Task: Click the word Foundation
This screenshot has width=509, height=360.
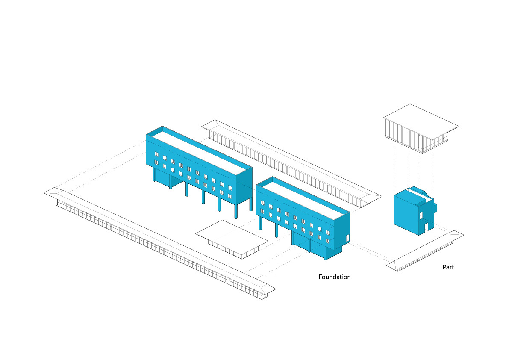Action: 335,277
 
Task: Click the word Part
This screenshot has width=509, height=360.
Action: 448,267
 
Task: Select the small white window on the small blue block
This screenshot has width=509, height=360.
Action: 421,215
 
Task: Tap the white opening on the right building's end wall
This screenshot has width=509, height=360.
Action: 347,237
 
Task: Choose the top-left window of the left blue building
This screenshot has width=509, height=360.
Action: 156,154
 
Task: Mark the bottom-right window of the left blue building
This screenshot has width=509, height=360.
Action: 230,196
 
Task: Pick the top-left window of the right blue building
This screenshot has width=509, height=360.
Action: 262,203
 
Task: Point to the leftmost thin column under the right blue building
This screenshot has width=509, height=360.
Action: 259,223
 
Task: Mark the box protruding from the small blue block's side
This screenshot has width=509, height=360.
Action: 435,208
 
